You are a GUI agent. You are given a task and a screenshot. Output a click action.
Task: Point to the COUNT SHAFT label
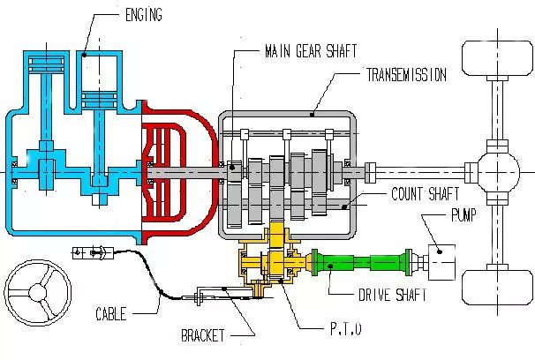click(x=420, y=192)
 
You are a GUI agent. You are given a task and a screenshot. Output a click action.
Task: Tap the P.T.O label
click(x=342, y=331)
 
